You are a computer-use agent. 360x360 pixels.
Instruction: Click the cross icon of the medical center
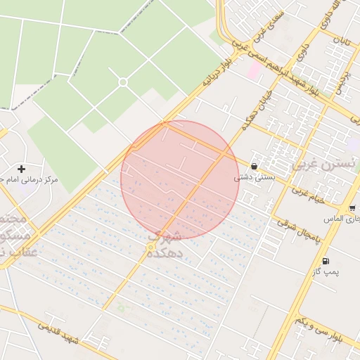tap(21, 169)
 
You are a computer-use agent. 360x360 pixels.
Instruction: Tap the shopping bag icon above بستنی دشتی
tap(253, 167)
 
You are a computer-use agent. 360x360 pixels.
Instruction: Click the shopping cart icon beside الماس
tap(351, 208)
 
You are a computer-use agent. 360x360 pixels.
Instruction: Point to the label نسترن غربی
tap(323, 165)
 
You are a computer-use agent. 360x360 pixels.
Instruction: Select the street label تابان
tap(342, 44)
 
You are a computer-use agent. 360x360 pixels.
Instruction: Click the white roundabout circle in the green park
tap(123, 82)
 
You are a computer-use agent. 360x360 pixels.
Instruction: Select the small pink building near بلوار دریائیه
tap(253, 70)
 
